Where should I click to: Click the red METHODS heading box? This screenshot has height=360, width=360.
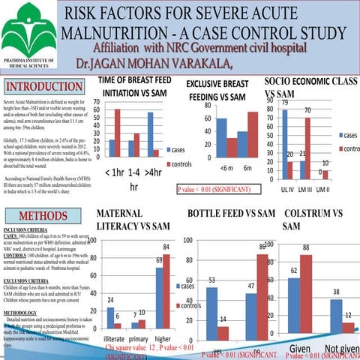pos(43,217)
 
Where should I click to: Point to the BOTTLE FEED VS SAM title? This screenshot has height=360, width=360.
pos(232,213)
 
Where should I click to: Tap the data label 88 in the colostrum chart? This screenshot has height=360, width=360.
pos(306,247)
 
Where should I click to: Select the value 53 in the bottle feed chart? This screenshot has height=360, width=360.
pos(212,280)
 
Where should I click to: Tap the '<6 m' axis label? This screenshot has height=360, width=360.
pos(226,168)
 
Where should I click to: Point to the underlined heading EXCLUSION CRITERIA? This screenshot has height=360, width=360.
pos(26,279)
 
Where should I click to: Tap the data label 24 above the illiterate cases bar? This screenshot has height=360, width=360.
pos(110,298)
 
